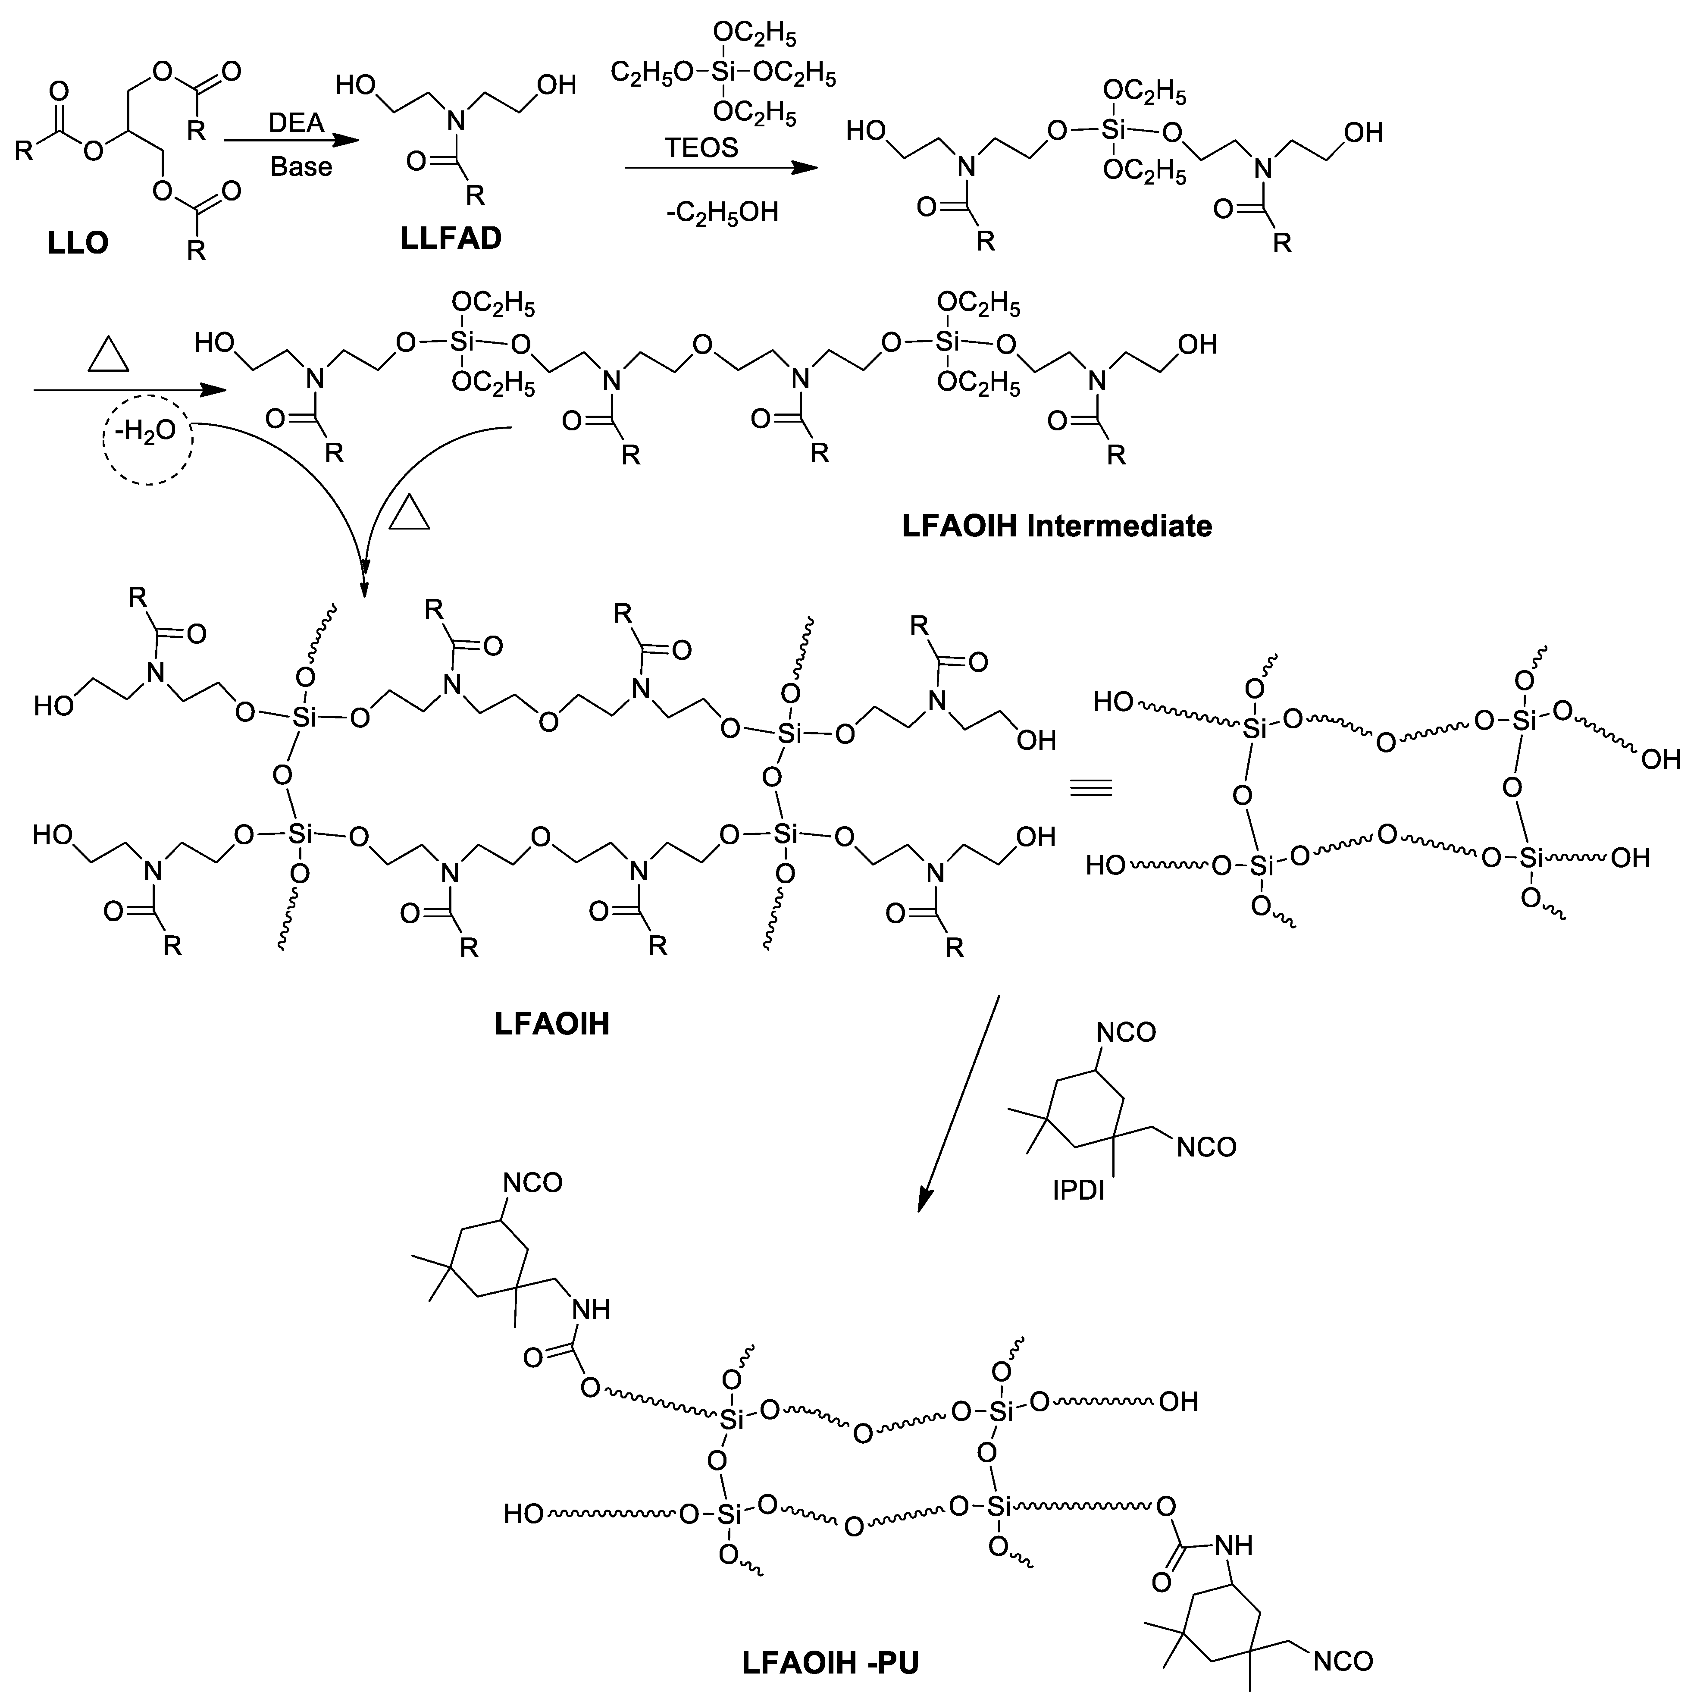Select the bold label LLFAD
pyautogui.click(x=451, y=238)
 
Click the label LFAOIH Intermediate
pyautogui.click(x=1056, y=526)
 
